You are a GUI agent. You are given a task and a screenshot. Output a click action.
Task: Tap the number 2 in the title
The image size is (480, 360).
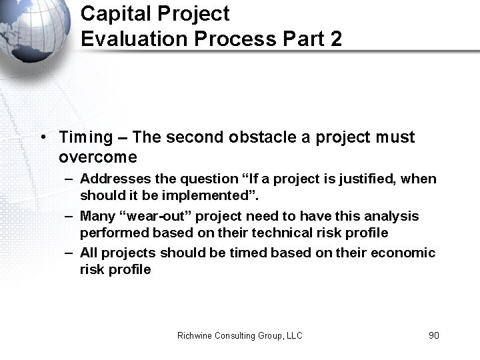(335, 39)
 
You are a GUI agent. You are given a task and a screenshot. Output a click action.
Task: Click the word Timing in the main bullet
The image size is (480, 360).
(86, 138)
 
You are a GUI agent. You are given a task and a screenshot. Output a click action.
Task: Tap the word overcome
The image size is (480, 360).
(97, 157)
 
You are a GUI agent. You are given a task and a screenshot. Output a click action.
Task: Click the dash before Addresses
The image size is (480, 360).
(69, 179)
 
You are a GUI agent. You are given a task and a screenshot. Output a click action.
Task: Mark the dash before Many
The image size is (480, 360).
(69, 217)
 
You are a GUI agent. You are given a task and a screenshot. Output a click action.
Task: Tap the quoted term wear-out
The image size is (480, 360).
(153, 216)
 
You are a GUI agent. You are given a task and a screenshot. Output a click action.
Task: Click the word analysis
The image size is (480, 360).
(391, 216)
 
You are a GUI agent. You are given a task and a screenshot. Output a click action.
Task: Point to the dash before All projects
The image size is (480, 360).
(69, 254)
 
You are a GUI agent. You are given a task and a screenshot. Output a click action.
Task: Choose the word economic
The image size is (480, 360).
(404, 253)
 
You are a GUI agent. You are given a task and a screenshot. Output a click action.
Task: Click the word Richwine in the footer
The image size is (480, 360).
(195, 335)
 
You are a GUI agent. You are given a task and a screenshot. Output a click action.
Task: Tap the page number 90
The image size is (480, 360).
(433, 335)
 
